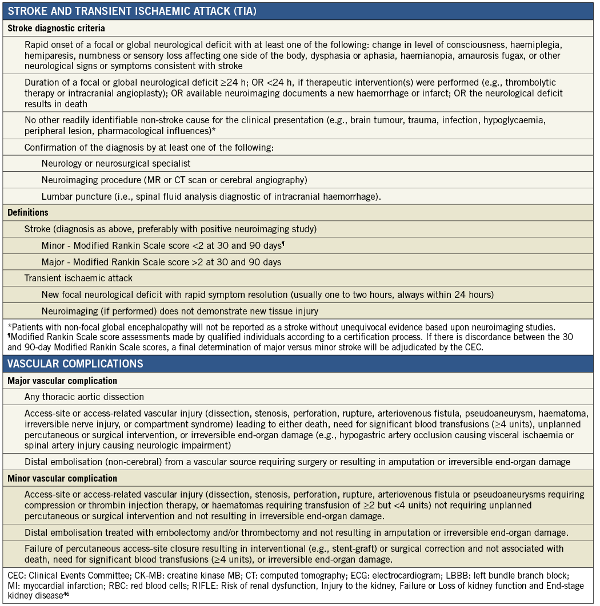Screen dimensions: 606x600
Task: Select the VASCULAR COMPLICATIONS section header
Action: [x=75, y=363]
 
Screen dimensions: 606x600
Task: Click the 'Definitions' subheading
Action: [x=29, y=212]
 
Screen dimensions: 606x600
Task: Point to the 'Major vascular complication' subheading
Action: [x=62, y=381]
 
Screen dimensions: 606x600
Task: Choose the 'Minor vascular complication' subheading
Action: [x=62, y=478]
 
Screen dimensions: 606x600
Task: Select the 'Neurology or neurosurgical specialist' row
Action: [x=116, y=163]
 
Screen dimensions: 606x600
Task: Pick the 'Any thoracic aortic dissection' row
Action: [x=84, y=397]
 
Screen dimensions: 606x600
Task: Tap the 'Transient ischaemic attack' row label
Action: [x=78, y=278]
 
